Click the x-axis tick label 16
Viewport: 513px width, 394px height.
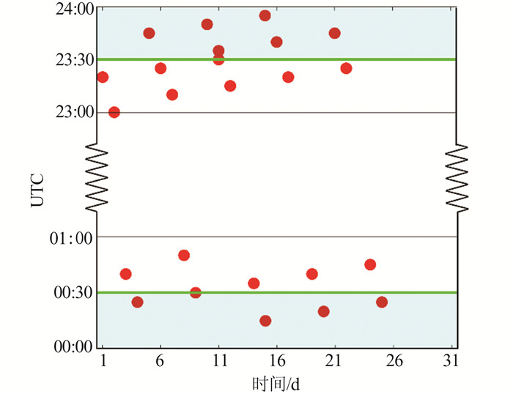pos(277,361)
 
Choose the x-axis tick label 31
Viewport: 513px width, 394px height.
pos(451,361)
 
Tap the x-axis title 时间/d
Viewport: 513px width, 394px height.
pos(275,382)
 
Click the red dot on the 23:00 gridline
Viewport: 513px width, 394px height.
pos(114,112)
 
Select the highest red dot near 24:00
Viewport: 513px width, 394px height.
pos(265,15)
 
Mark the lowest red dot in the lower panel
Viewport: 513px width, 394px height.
pos(265,321)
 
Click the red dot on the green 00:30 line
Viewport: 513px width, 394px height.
pos(196,292)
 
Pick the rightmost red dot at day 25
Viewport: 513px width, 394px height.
pos(382,302)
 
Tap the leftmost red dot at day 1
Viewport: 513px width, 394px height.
pos(103,77)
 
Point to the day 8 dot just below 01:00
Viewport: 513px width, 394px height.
pos(184,255)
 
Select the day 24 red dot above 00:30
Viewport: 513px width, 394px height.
pos(370,264)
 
